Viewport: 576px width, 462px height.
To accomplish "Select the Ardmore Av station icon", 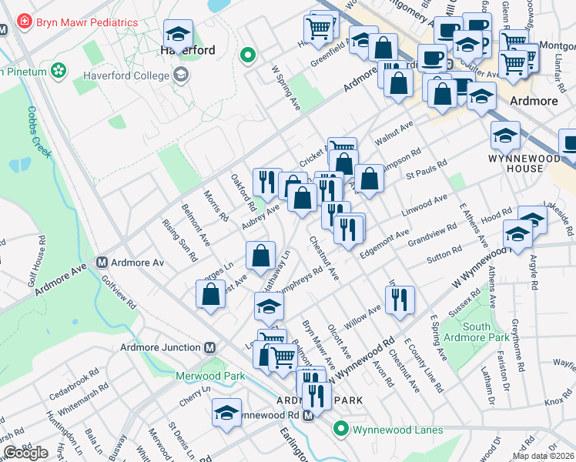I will point(101,262).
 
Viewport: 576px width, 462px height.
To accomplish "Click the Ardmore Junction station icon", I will point(209,347).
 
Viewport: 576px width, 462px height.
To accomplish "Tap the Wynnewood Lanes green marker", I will point(340,429).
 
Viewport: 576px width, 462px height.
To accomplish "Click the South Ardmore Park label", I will point(488,332).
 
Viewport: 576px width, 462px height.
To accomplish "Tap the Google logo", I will point(25,452).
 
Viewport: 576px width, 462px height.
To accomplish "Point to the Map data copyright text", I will point(544,456).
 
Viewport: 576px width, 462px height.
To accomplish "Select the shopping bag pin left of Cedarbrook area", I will point(211,293).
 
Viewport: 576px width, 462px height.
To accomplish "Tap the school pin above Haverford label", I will point(179,33).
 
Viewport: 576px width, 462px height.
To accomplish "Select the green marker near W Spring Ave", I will point(247,55).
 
